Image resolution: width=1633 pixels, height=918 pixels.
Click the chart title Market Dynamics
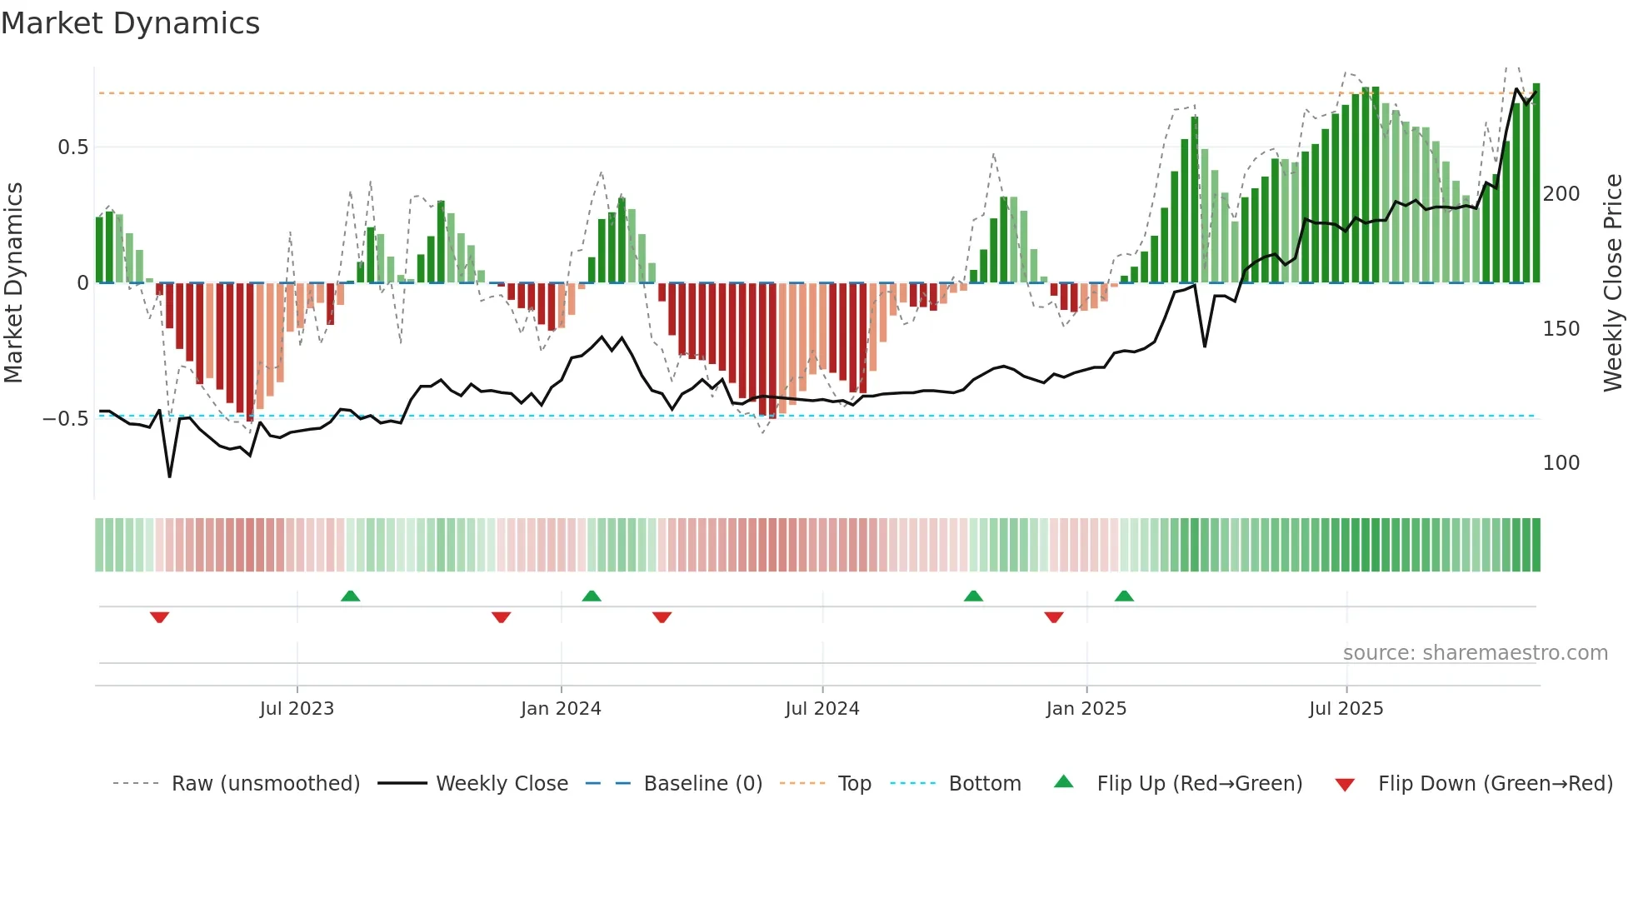pos(130,23)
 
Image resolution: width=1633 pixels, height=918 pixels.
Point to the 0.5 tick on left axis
pos(72,147)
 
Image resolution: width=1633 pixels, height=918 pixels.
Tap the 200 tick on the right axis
pos(1561,194)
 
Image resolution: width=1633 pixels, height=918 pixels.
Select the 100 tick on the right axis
pos(1561,463)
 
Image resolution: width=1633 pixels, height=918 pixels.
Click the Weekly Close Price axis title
pos(1613,283)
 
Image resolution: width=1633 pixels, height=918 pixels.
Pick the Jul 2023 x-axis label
pos(297,709)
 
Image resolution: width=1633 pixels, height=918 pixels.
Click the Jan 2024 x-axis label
pos(561,709)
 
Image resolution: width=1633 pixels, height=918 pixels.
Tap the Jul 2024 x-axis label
pos(821,709)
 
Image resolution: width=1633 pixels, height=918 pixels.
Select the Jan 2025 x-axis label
pos(1086,709)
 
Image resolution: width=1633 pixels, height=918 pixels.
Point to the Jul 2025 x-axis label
pos(1346,709)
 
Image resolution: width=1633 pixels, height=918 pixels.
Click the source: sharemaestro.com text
pos(1475,653)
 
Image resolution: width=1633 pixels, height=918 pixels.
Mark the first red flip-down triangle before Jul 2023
pos(160,617)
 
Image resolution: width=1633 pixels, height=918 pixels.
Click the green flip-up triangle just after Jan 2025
pos(1124,596)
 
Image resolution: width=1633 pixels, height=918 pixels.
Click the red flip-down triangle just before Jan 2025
pos(1054,617)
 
